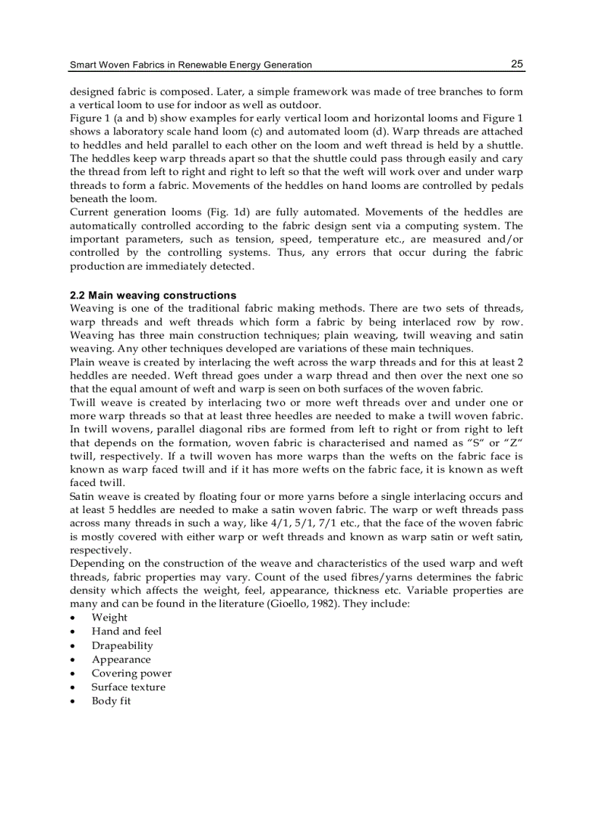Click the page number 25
tap(516, 64)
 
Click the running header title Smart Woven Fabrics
tap(190, 65)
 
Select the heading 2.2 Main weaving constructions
tap(153, 296)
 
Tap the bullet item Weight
tap(109, 618)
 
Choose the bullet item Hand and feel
tap(126, 631)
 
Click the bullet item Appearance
tap(121, 660)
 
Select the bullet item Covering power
tap(131, 674)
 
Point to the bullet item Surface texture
tap(128, 687)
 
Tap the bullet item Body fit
tap(110, 701)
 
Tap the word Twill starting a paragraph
tap(84, 402)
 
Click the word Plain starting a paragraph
tap(83, 361)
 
